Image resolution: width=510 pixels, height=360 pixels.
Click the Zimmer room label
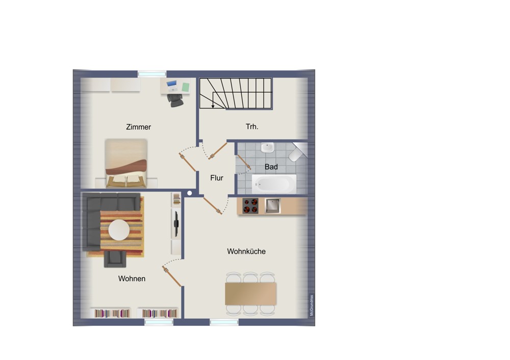pos(138,127)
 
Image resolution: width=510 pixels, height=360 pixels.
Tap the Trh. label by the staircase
pos(252,126)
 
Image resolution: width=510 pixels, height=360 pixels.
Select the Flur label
pos(217,178)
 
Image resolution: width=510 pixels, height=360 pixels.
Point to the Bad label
pos(271,167)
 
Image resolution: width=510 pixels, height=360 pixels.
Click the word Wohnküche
pos(246,251)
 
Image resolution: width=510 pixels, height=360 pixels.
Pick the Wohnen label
pos(132,279)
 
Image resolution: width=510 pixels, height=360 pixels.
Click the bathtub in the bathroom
pos(274,184)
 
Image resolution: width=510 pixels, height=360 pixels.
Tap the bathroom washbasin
pos(268,147)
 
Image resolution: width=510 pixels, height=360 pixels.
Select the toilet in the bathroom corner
pos(297,152)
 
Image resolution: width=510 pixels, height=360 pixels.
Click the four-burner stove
pos(250,205)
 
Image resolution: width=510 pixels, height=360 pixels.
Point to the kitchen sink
pos(272,205)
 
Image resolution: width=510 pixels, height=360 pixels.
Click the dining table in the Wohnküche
pos(251,293)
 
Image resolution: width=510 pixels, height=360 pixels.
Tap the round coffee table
pos(119,230)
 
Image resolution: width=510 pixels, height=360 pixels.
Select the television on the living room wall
pos(176,223)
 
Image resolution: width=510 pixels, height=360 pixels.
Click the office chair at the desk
pos(175,100)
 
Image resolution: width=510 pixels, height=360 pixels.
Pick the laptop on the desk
pos(172,86)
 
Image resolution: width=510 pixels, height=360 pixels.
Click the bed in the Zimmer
pos(126,163)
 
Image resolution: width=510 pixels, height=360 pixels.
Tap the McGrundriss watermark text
pos(312,305)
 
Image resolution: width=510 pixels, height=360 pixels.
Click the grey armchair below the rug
pos(115,259)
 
